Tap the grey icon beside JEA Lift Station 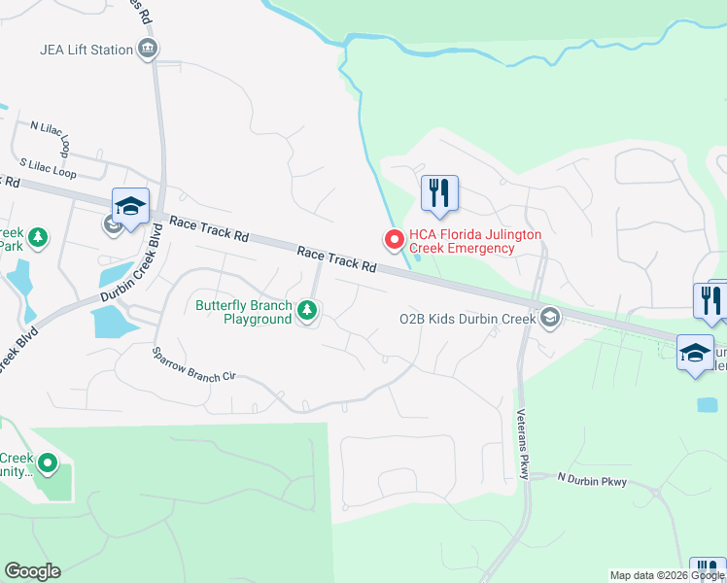pos(148,49)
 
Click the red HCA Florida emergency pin pos(394,239)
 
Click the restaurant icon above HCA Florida pos(438,191)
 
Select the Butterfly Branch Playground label pos(243,312)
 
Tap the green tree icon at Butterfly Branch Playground pos(307,311)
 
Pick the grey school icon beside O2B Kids pos(550,318)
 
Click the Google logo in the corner pos(32,571)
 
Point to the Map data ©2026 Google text pos(667,575)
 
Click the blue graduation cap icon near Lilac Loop pos(130,205)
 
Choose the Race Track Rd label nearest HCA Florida pos(336,258)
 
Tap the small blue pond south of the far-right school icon pos(708,403)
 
